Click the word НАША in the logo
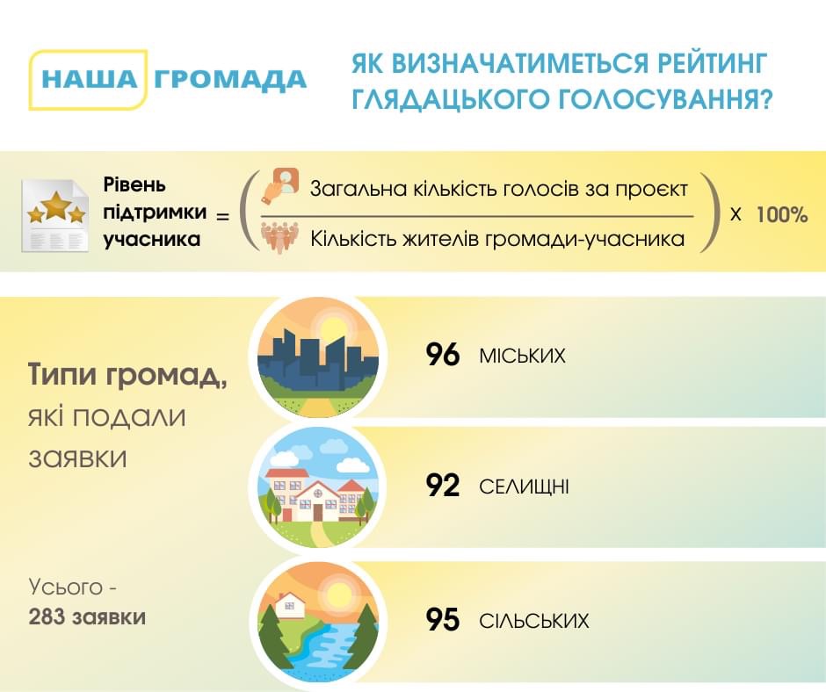click(x=89, y=80)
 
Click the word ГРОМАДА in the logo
click(x=230, y=81)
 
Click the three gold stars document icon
click(x=54, y=215)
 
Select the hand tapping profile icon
click(x=279, y=185)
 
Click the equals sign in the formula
click(x=223, y=216)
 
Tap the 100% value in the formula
click(x=782, y=215)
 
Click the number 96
click(x=443, y=355)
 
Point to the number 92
click(x=443, y=486)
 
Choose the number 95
click(x=443, y=620)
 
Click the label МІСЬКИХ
click(x=522, y=356)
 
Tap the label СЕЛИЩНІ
click(x=524, y=487)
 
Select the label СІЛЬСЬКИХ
click(x=533, y=621)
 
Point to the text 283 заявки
click(x=87, y=616)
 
